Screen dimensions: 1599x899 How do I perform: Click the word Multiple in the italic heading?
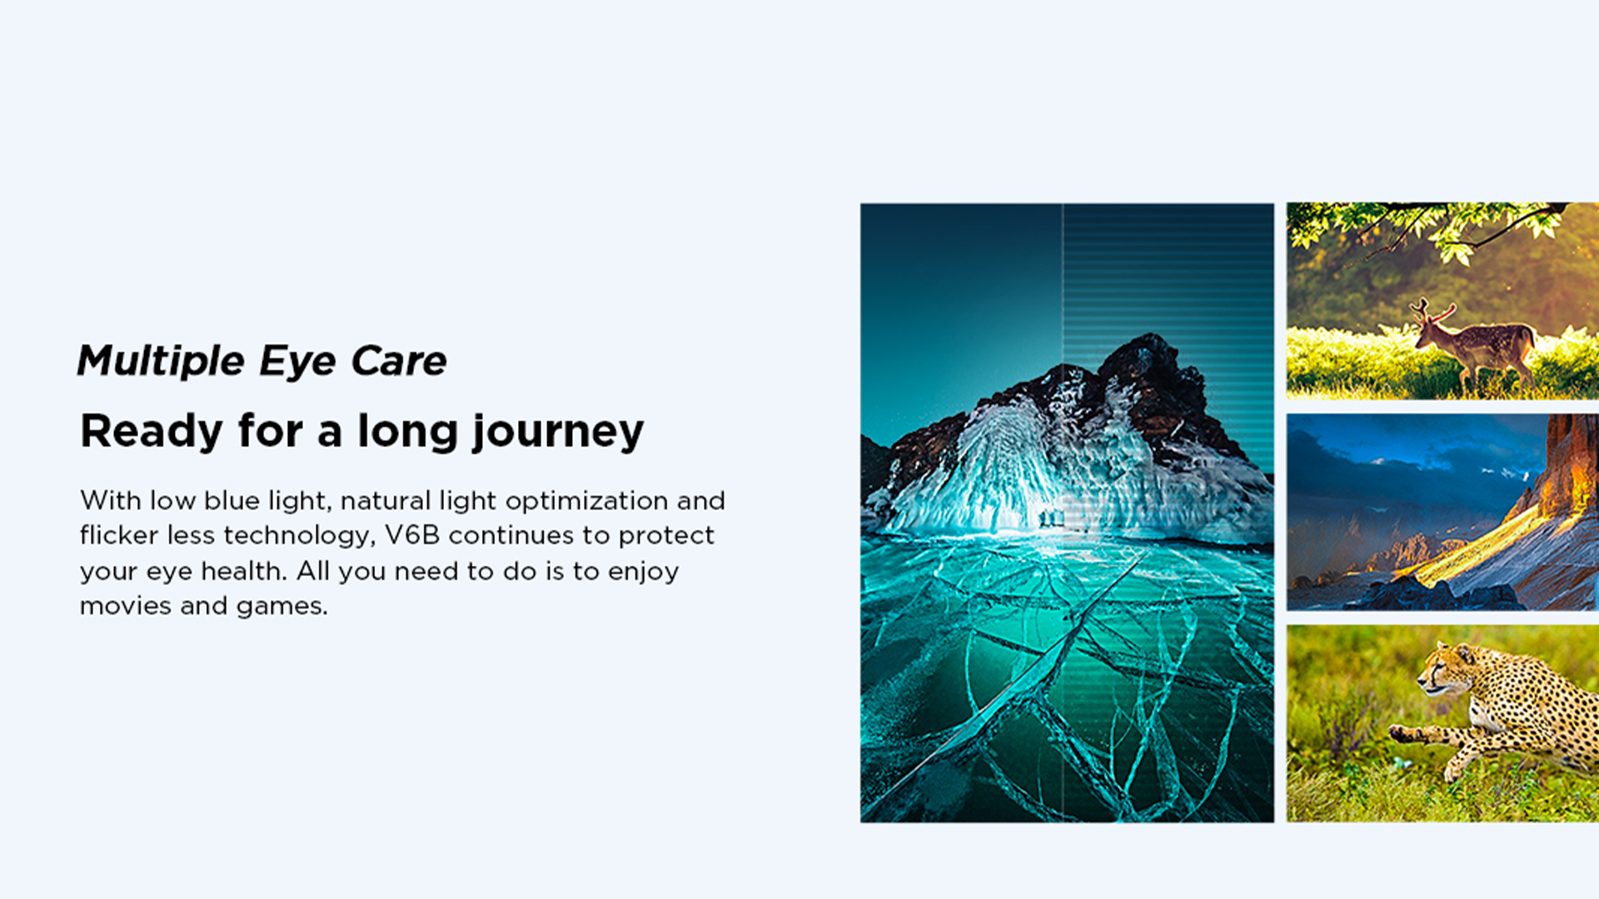pos(161,361)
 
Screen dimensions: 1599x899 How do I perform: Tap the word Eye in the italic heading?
pos(297,361)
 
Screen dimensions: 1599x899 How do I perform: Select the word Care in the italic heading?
pos(399,360)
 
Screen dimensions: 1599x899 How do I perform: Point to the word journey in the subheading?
pos(558,432)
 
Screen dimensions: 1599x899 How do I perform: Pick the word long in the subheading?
pos(407,432)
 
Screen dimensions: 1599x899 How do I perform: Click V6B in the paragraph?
pos(411,534)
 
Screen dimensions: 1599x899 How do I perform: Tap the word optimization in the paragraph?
pos(586,501)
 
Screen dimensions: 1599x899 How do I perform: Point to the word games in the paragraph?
pos(281,607)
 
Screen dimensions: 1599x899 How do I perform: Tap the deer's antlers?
pos(1432,311)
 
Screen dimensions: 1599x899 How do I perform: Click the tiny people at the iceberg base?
pos(1051,518)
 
